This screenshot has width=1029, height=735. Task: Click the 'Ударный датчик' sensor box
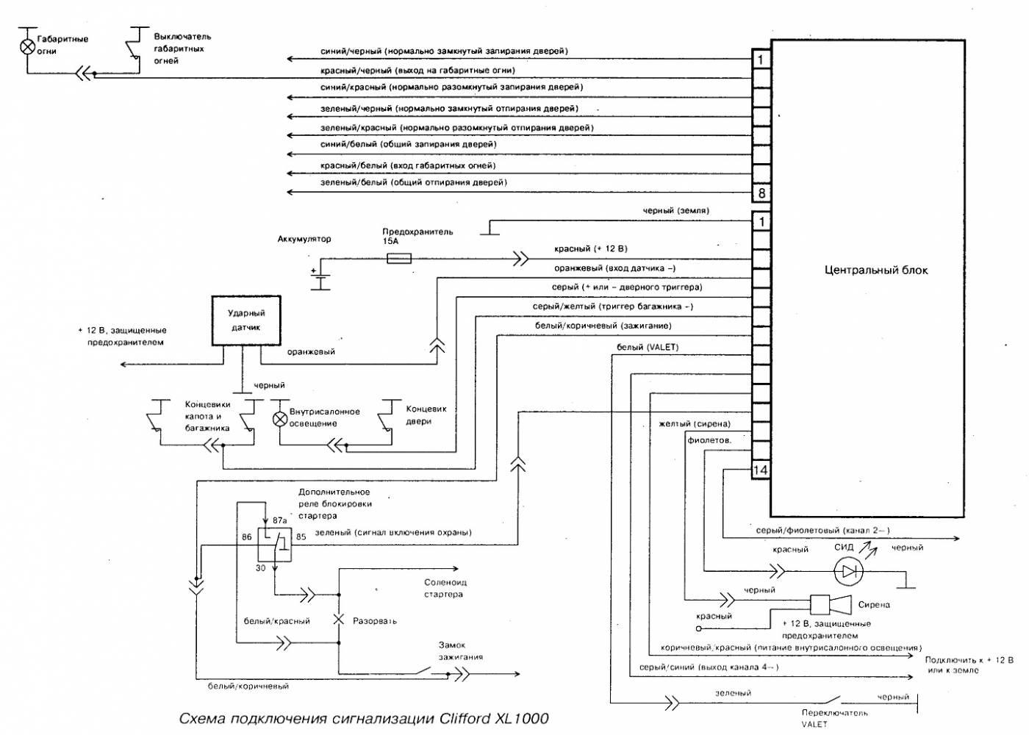[246, 320]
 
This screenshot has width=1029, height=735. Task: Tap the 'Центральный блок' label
[876, 270]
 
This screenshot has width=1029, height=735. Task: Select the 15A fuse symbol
[398, 258]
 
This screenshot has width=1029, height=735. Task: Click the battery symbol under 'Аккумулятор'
[320, 279]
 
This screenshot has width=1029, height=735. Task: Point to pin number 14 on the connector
[761, 470]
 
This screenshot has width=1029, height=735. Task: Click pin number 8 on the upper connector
[761, 193]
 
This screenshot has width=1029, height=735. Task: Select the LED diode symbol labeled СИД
[849, 570]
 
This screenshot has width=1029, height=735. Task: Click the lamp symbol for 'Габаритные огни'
[27, 46]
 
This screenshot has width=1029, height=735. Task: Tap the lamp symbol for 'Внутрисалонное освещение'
[280, 419]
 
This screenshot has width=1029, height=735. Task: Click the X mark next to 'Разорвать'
[339, 620]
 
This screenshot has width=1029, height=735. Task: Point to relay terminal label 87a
[280, 520]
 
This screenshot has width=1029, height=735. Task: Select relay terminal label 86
[247, 537]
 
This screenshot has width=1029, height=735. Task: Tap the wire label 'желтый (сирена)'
[695, 424]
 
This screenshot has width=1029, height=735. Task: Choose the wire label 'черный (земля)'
[675, 211]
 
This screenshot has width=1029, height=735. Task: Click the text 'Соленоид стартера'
[443, 588]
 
